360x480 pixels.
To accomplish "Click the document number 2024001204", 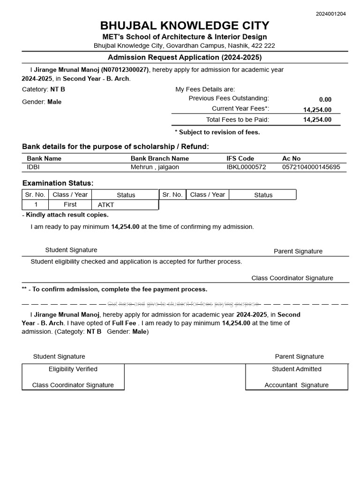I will tap(331, 14).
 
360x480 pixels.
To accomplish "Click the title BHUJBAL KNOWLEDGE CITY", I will tap(185, 25).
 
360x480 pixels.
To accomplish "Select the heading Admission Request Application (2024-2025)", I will tap(185, 57).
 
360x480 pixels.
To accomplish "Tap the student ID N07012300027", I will tap(124, 70).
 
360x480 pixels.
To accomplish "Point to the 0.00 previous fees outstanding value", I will tap(325, 99).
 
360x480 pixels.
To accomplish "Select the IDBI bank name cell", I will tap(34, 167).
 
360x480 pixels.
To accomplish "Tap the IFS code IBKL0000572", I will tap(246, 167).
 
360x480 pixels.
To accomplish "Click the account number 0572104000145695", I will tap(311, 167).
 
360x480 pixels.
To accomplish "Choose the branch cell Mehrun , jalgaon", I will tap(155, 167).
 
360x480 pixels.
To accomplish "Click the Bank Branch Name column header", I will tap(159, 158).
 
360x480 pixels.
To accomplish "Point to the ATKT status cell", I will tap(106, 205).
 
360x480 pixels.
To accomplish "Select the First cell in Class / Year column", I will tap(70, 204).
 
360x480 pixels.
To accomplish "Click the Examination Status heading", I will tap(58, 183).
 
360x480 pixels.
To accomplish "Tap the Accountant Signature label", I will tap(296, 385).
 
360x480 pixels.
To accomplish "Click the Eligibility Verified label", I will tap(73, 369).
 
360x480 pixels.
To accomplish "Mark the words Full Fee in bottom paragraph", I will tap(124, 323).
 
